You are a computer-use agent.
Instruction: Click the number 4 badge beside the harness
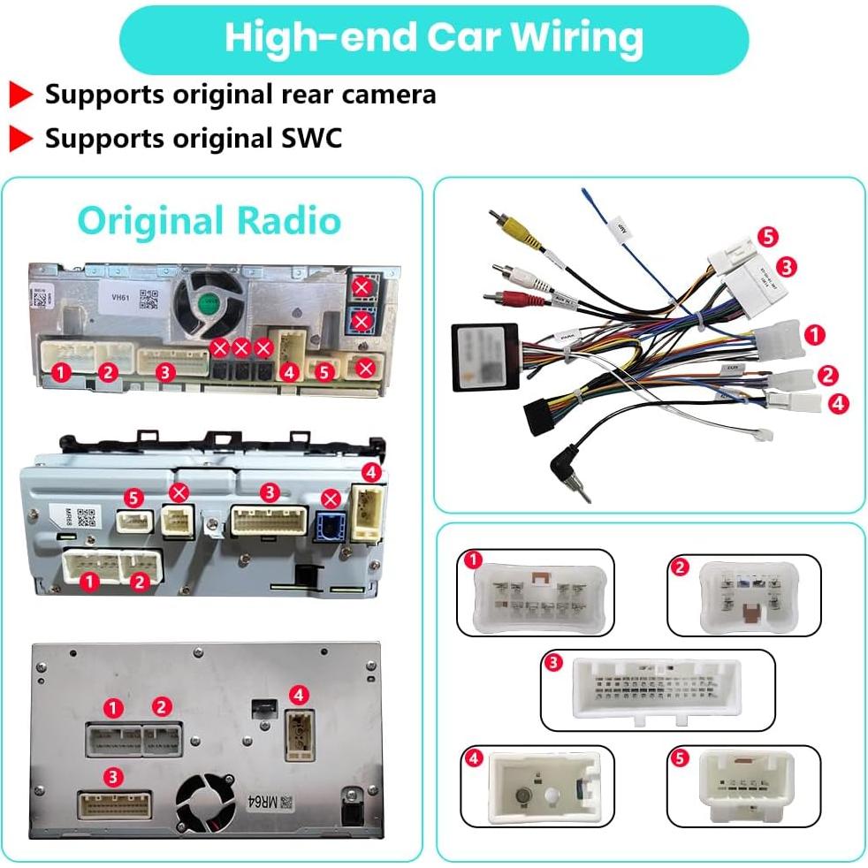[x=839, y=403]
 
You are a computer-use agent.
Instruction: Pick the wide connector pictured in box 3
[x=658, y=689]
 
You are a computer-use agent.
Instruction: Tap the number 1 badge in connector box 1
[x=474, y=560]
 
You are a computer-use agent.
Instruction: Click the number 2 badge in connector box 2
[x=680, y=567]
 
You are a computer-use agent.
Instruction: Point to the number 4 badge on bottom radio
[x=299, y=695]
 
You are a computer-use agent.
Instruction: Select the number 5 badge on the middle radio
[x=133, y=499]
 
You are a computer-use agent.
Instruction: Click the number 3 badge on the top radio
[x=164, y=372]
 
